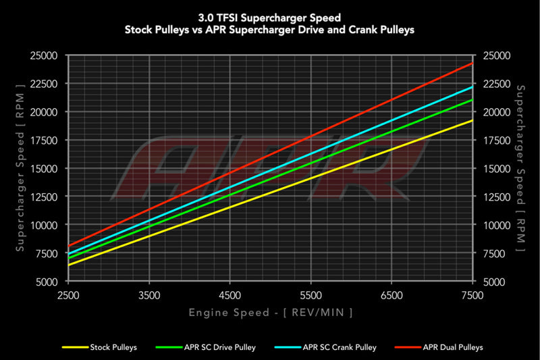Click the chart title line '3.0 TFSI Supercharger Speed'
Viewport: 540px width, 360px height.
[x=271, y=18]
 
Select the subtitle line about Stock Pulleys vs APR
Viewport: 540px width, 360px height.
[x=271, y=30]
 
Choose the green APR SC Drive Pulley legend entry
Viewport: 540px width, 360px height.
[x=196, y=347]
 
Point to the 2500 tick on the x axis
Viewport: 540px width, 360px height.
[x=69, y=295]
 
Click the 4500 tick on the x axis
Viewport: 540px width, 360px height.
[x=230, y=295]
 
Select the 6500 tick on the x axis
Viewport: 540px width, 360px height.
[x=391, y=295]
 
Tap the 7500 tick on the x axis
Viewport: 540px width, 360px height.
[x=472, y=295]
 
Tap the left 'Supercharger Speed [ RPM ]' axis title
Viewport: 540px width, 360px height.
[x=21, y=168]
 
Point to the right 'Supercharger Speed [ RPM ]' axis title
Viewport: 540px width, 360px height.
[x=520, y=168]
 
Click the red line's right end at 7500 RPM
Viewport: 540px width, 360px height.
[x=472, y=63]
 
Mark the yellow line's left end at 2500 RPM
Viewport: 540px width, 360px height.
[x=69, y=265]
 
